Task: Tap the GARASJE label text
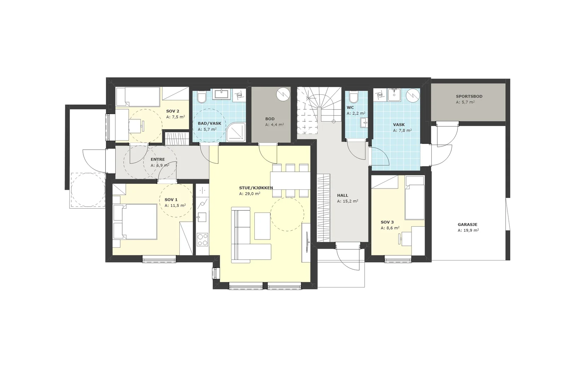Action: point(467,225)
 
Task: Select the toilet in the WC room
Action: point(353,97)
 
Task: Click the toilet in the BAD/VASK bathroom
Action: point(202,97)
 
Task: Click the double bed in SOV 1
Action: point(135,222)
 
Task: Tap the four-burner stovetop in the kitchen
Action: point(202,240)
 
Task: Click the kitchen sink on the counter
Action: point(202,217)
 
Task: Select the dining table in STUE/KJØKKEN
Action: point(290,180)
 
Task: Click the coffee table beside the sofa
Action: point(263,226)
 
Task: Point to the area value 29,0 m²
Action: point(250,194)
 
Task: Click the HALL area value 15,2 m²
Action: point(348,202)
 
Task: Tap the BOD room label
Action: point(270,119)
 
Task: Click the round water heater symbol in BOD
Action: point(283,94)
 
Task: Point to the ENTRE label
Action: point(158,159)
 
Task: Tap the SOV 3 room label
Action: point(387,222)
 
